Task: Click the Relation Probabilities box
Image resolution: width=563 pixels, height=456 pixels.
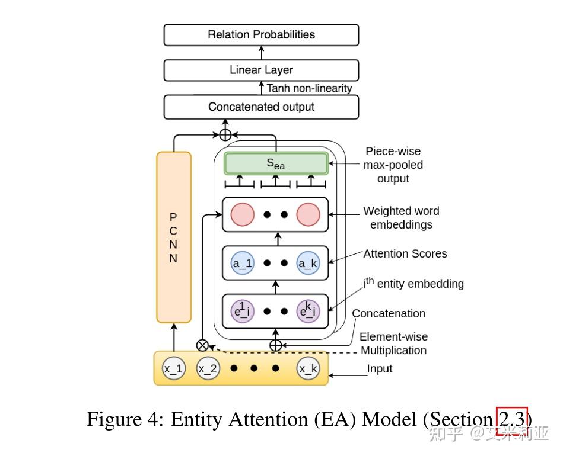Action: pyautogui.click(x=261, y=34)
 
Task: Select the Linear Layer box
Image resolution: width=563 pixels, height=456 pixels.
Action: pyautogui.click(x=261, y=70)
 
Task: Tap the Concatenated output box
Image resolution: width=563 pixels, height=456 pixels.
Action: pyautogui.click(x=261, y=107)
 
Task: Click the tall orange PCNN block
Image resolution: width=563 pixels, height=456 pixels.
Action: pyautogui.click(x=173, y=237)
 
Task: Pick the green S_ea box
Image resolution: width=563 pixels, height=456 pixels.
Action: pyautogui.click(x=275, y=163)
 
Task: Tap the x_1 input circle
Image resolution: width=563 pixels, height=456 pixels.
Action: pyautogui.click(x=174, y=370)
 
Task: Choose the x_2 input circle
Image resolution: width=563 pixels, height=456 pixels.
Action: pyautogui.click(x=208, y=370)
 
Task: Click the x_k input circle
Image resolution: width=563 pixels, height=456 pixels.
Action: pyautogui.click(x=308, y=370)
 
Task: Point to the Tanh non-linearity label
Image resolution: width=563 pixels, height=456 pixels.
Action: pyautogui.click(x=309, y=88)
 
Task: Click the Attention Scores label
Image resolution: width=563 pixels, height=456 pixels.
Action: pyautogui.click(x=405, y=253)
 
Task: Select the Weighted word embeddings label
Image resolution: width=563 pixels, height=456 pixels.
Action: pyautogui.click(x=401, y=217)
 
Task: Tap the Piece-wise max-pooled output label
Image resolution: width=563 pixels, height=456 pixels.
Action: pyautogui.click(x=393, y=165)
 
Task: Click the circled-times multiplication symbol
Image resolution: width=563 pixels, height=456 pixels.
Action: pyautogui.click(x=203, y=345)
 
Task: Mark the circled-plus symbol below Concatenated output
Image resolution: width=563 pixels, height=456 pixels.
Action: pyautogui.click(x=225, y=134)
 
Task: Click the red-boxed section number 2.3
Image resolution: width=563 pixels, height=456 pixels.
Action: pyautogui.click(x=511, y=419)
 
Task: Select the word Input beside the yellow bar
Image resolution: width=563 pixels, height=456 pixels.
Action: pyautogui.click(x=380, y=369)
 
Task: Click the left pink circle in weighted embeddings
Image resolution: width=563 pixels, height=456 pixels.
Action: pyautogui.click(x=242, y=215)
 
